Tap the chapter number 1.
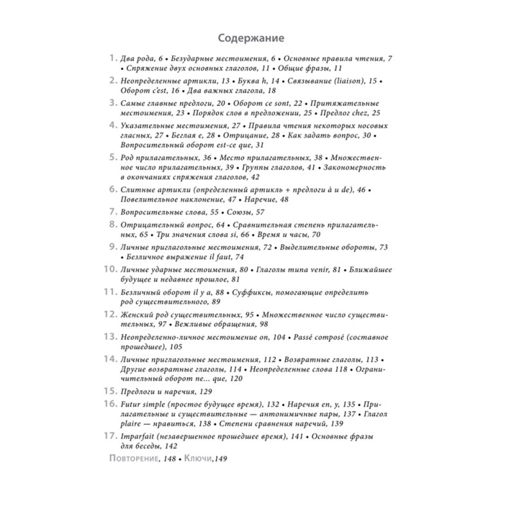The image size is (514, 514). (x=113, y=58)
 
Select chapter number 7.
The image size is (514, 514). (x=112, y=211)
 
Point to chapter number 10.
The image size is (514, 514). (x=110, y=269)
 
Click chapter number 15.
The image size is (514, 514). (x=110, y=391)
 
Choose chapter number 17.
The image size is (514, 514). (x=110, y=436)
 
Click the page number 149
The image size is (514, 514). (x=222, y=458)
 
